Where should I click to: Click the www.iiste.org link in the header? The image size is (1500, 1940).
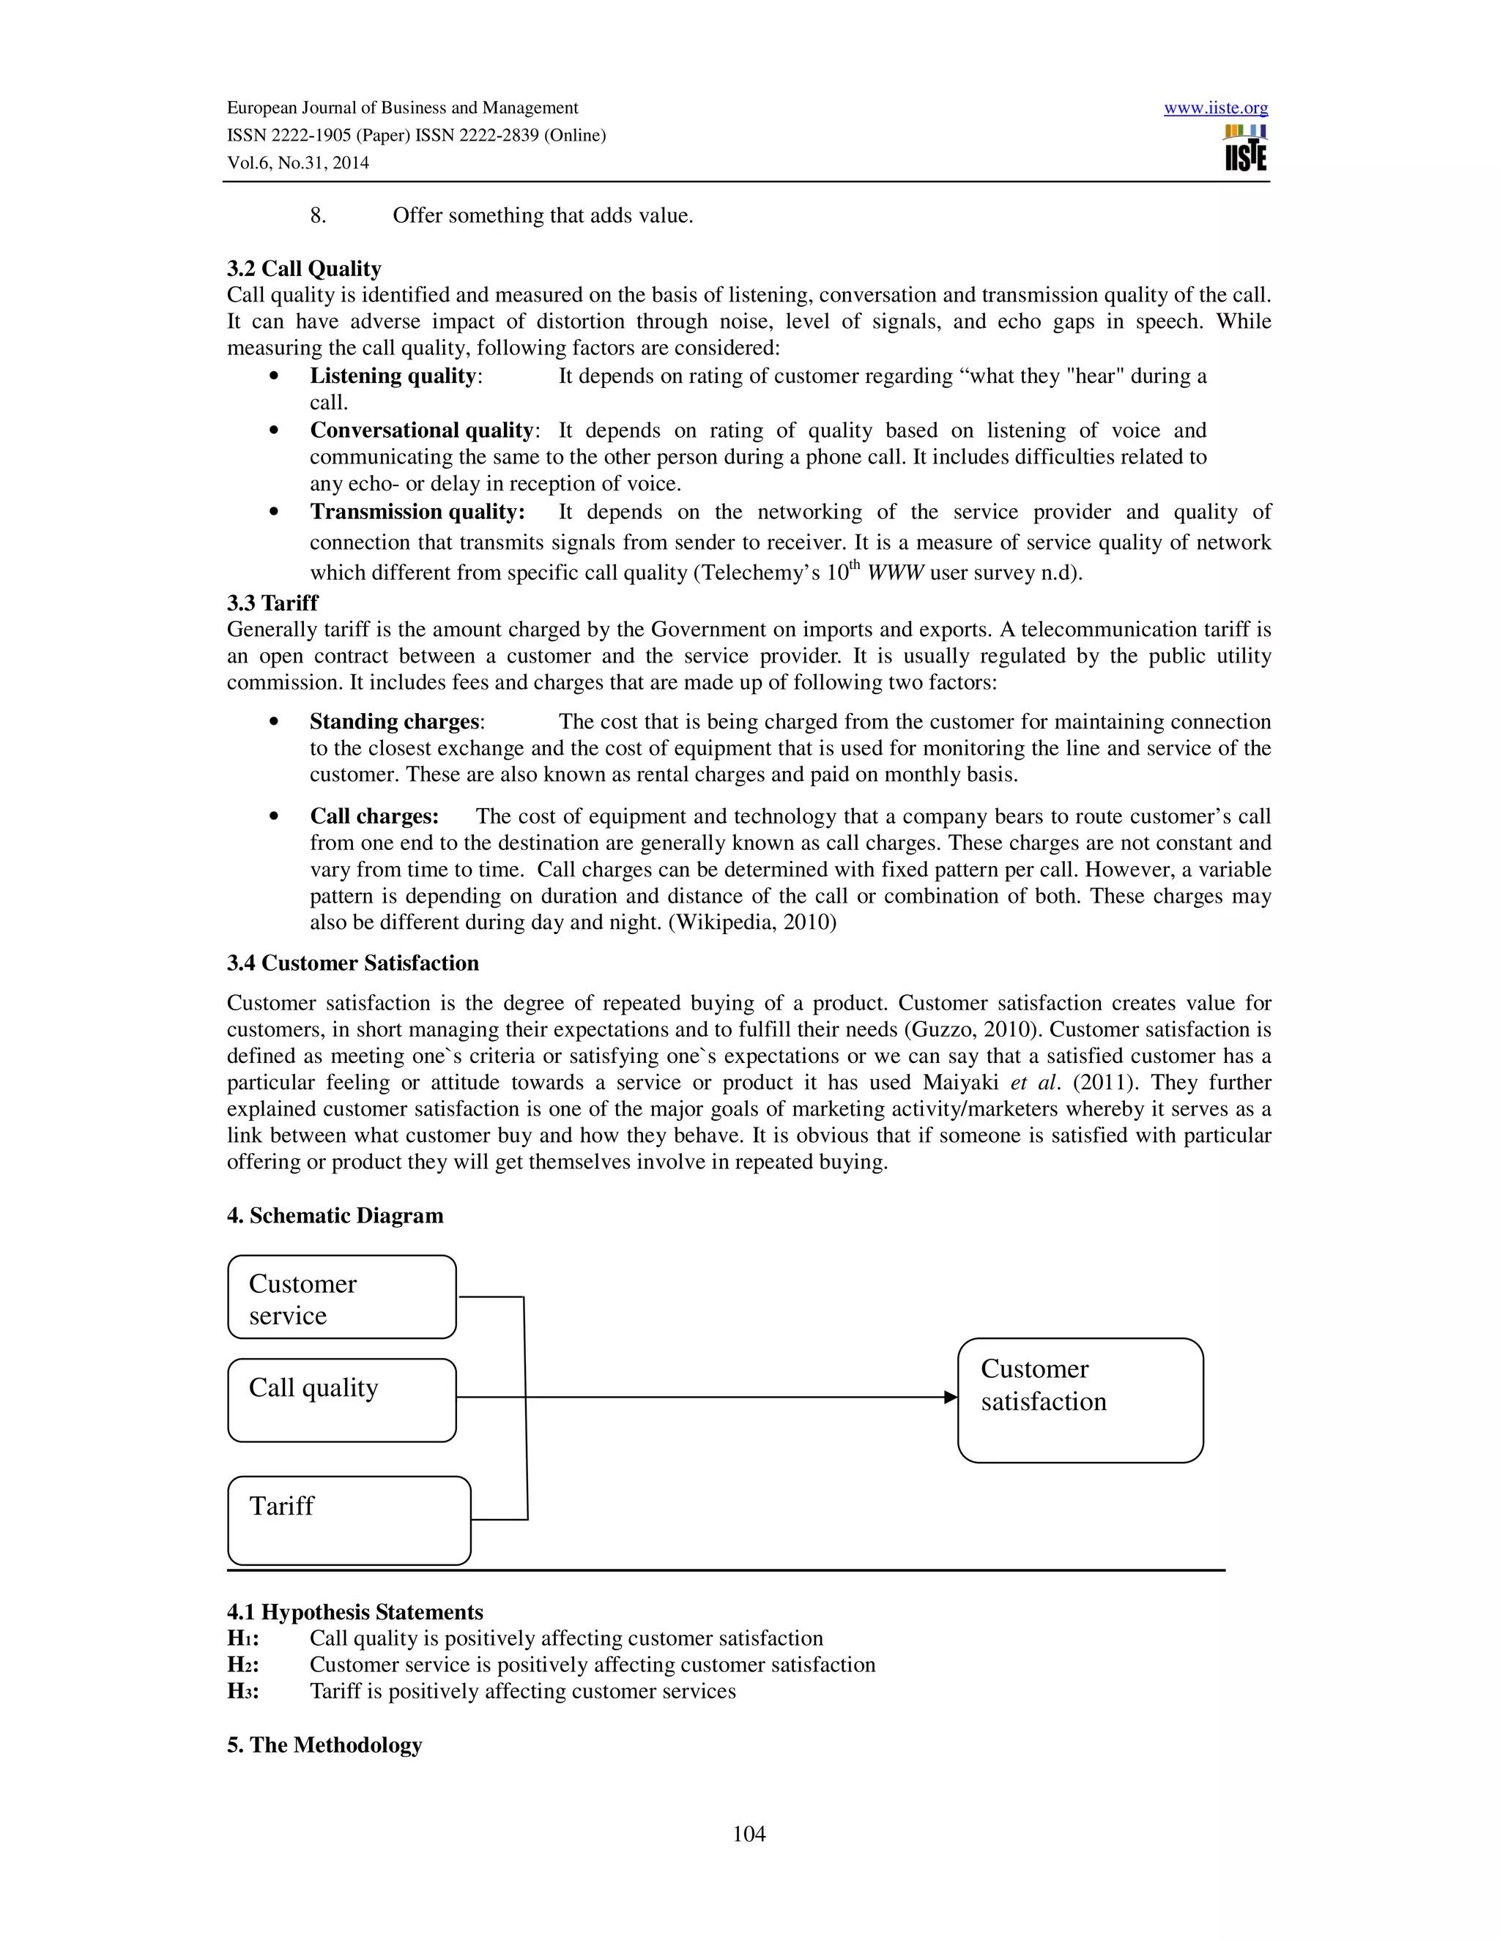[1216, 108]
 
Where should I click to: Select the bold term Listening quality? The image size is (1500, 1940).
[393, 376]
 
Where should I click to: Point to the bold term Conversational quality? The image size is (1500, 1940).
[421, 430]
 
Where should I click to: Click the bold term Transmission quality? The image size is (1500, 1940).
[417, 512]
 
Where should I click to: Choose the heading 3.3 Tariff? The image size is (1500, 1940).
[272, 603]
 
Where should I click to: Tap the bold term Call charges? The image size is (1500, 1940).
[374, 816]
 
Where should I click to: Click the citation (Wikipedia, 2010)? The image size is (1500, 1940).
[751, 922]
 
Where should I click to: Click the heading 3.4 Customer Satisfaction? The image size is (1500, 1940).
[353, 963]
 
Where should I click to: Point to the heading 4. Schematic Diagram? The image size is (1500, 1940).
[335, 1215]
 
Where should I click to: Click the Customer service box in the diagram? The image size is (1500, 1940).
[342, 1297]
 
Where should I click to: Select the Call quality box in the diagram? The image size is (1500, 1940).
[342, 1400]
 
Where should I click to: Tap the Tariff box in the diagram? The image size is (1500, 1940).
[349, 1520]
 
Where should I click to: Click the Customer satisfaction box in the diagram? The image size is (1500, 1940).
[1080, 1400]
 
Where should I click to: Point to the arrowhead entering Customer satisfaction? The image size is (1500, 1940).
[951, 1398]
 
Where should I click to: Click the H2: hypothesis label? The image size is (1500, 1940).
[242, 1665]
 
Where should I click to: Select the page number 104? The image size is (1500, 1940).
[749, 1833]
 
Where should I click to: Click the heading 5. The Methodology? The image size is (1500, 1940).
[324, 1745]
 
